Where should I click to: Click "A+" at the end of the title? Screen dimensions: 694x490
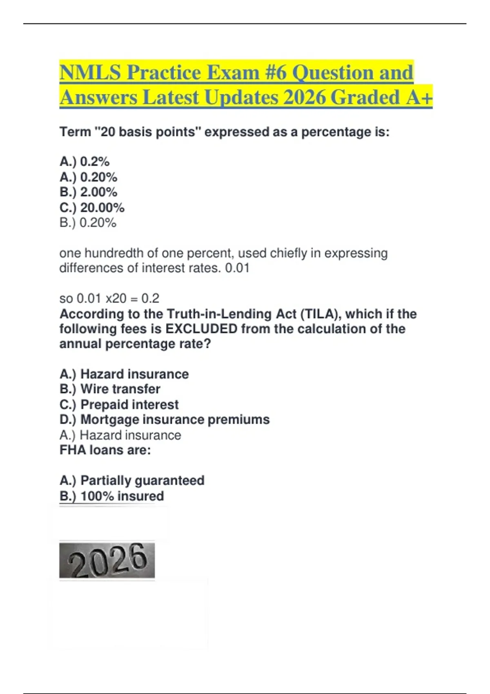pyautogui.click(x=419, y=98)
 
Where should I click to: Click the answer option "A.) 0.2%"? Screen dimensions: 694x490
pyautogui.click(x=85, y=162)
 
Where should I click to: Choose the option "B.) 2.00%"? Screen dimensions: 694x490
pyautogui.click(x=88, y=192)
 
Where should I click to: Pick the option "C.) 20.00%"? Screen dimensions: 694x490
pyautogui.click(x=92, y=207)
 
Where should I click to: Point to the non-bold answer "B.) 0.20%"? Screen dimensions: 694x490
pyautogui.click(x=88, y=222)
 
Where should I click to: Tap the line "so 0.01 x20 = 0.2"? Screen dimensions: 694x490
pyautogui.click(x=109, y=298)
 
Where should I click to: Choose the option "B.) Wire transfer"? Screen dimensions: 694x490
pyautogui.click(x=110, y=389)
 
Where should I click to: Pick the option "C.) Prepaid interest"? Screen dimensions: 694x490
pyautogui.click(x=119, y=405)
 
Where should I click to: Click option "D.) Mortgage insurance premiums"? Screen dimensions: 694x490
pyautogui.click(x=165, y=420)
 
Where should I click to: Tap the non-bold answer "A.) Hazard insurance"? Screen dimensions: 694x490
pyautogui.click(x=120, y=435)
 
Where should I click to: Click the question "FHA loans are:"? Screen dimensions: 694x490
pyautogui.click(x=105, y=450)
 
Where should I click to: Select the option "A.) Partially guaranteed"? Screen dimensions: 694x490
pyautogui.click(x=132, y=480)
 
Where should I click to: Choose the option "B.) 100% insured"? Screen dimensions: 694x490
pyautogui.click(x=111, y=496)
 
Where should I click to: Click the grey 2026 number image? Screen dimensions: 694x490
pyautogui.click(x=107, y=560)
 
